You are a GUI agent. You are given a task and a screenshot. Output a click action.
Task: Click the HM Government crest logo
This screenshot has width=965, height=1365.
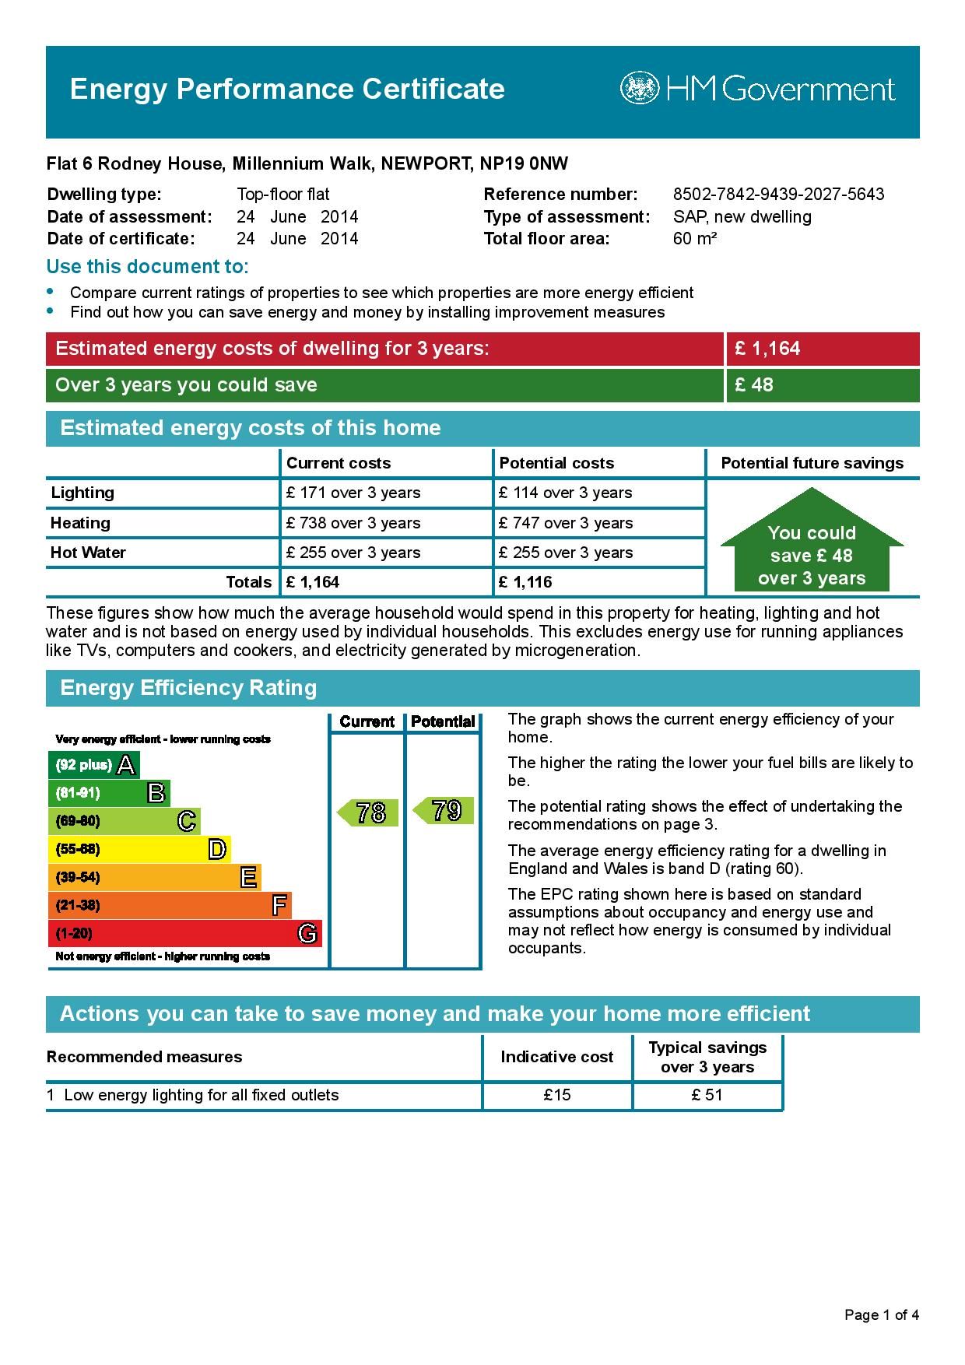pyautogui.click(x=639, y=89)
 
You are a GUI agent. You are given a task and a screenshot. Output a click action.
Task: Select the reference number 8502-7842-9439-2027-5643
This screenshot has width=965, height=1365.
pyautogui.click(x=778, y=195)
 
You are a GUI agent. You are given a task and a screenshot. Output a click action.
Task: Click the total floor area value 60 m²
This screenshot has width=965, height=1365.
pyautogui.click(x=694, y=239)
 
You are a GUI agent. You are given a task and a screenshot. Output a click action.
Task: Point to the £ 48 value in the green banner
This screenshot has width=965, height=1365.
pyautogui.click(x=754, y=385)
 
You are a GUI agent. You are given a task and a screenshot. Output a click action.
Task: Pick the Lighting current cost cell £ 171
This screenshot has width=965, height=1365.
pyautogui.click(x=353, y=493)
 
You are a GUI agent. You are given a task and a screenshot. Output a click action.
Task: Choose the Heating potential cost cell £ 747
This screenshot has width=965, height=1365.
pyautogui.click(x=566, y=523)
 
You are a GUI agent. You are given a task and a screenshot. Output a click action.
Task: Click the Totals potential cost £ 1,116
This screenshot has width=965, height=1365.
pyautogui.click(x=526, y=582)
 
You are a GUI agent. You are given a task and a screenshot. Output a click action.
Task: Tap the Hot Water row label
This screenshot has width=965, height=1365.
pyautogui.click(x=88, y=553)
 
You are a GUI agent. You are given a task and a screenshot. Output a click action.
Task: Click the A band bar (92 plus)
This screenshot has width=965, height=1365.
pyautogui.click(x=93, y=765)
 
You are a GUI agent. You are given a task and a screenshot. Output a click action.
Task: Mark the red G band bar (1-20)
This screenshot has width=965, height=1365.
pyautogui.click(x=184, y=933)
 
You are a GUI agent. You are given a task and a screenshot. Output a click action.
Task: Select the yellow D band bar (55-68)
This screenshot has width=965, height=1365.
pyautogui.click(x=139, y=849)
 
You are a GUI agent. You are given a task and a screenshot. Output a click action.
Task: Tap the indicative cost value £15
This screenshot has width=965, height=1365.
pyautogui.click(x=557, y=1095)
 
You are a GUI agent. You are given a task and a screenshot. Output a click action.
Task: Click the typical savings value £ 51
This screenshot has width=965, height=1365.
pyautogui.click(x=707, y=1095)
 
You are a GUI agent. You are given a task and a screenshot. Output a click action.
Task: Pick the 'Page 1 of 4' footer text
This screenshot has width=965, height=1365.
pyautogui.click(x=882, y=1315)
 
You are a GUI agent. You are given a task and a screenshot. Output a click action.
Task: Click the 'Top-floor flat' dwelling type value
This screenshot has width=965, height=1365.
pyautogui.click(x=283, y=195)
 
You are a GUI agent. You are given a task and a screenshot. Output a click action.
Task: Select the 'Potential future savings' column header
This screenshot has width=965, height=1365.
pyautogui.click(x=812, y=463)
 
